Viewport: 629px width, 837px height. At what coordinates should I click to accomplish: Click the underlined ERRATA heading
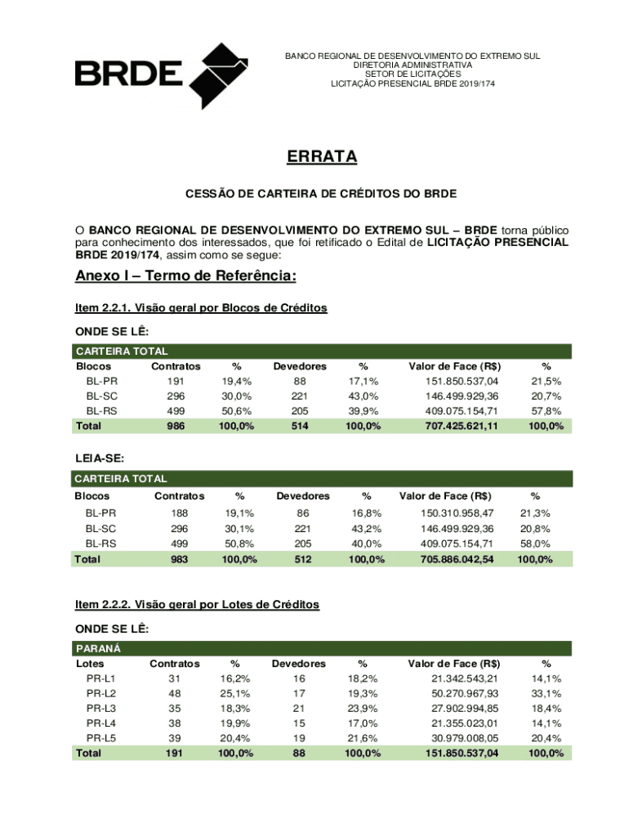coord(321,156)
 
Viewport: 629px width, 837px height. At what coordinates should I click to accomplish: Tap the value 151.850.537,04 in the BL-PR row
coord(462,382)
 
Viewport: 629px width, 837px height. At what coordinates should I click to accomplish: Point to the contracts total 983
coord(180,560)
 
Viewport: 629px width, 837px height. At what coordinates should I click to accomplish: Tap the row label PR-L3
coord(100,709)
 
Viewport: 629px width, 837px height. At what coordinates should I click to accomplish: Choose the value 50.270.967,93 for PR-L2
coord(462,694)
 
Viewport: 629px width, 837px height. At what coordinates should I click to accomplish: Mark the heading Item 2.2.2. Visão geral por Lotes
coord(197,605)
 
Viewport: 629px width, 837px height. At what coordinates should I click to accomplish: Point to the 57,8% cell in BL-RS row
coord(546,411)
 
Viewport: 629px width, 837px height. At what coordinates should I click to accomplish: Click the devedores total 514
coord(300,427)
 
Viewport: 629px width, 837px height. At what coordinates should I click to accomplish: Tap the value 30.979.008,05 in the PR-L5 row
coord(462,738)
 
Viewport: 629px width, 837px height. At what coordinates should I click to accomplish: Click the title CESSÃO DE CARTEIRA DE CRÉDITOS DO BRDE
coord(321,195)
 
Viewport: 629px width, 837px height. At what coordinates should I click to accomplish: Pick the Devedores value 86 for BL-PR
coord(303,513)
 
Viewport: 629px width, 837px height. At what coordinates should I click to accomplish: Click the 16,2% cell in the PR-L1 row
coord(235,679)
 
